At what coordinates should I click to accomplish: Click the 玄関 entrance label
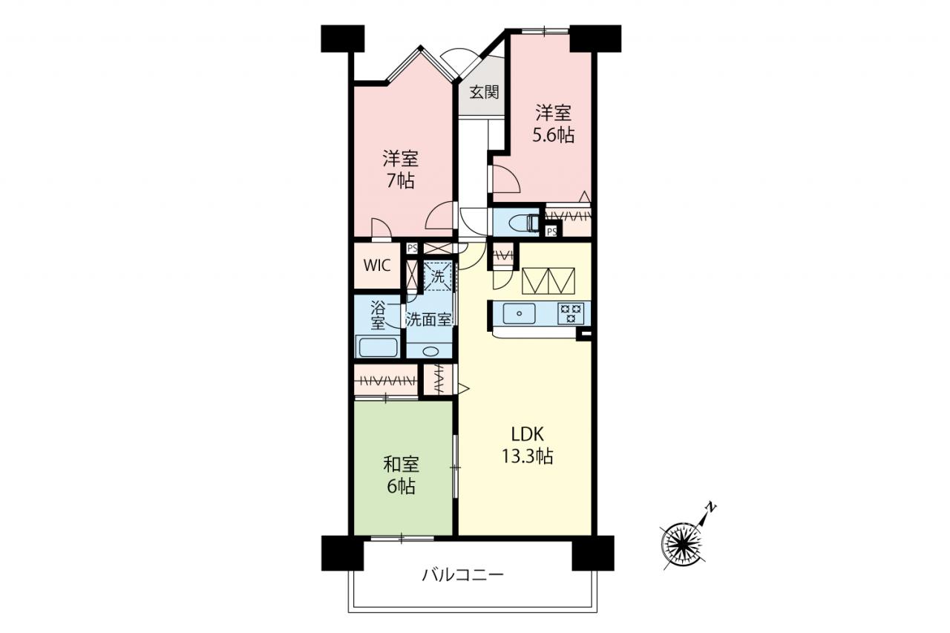(x=484, y=92)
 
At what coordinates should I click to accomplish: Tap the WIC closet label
(x=377, y=266)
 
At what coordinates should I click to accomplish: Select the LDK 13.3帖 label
(x=528, y=445)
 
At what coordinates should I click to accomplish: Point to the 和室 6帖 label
(x=401, y=476)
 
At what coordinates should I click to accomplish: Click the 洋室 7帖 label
(x=400, y=169)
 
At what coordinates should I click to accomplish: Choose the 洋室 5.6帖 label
(x=554, y=123)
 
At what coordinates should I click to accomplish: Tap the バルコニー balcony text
(x=462, y=575)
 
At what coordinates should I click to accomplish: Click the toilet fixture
(x=524, y=222)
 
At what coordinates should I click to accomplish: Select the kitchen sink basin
(x=519, y=314)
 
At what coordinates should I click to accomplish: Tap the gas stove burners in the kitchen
(x=571, y=313)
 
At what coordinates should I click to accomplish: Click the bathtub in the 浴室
(x=379, y=347)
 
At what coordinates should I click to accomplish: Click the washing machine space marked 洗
(x=438, y=277)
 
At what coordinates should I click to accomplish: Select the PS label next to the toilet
(x=551, y=232)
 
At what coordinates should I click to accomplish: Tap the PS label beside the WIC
(x=412, y=248)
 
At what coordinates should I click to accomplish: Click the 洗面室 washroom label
(x=428, y=320)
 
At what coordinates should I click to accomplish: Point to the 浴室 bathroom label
(x=378, y=315)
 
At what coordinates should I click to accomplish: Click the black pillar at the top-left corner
(x=343, y=39)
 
